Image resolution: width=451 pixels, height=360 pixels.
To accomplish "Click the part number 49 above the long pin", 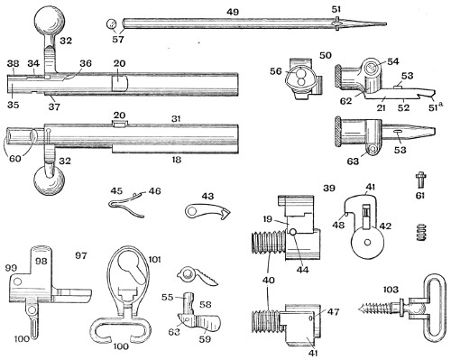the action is [233, 12].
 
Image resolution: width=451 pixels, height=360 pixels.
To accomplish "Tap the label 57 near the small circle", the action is [118, 39].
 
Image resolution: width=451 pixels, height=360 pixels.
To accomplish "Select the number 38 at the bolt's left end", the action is [13, 63].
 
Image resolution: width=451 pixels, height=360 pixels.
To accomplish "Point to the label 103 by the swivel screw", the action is [391, 290].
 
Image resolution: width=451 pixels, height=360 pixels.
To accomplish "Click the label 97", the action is [81, 255].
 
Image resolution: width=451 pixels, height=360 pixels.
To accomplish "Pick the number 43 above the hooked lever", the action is [207, 196].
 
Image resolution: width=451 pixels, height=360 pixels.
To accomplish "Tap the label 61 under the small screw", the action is [419, 196].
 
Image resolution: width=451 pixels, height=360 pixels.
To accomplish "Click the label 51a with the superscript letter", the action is [435, 107].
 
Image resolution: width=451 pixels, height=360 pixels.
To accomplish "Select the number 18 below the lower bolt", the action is [177, 160].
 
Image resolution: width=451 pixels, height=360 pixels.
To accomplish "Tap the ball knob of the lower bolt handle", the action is [49, 180].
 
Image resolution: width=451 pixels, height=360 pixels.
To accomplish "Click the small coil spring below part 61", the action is [421, 232].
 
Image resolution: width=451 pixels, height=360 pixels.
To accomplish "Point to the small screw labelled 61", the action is [420, 179].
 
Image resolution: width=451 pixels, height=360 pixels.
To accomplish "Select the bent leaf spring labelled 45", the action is [126, 205].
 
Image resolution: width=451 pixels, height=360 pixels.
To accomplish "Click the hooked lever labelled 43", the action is [207, 210].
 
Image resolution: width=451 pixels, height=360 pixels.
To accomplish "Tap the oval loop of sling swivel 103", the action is [434, 309].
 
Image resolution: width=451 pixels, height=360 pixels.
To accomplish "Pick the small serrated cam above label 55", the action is [197, 276].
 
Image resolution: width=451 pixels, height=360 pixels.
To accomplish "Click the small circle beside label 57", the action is [112, 23].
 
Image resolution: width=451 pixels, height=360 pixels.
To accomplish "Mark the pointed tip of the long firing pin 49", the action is [386, 24].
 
